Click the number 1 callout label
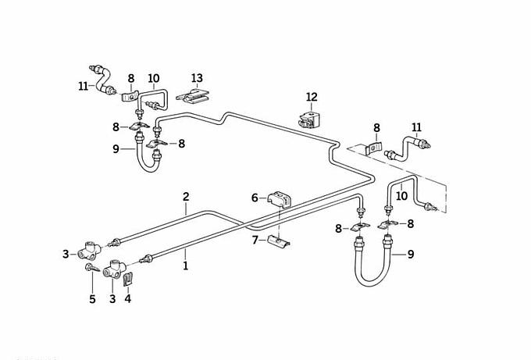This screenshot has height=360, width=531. [x=186, y=266]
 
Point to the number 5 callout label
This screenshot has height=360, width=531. [x=92, y=298]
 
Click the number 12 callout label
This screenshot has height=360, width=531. [x=312, y=97]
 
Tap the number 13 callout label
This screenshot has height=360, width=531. [x=197, y=78]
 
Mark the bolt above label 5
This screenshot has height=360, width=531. [x=91, y=269]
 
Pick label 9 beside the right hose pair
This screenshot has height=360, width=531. [x=411, y=253]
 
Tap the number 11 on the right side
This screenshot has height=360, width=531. [x=416, y=127]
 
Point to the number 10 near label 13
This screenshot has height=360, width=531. [x=153, y=78]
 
